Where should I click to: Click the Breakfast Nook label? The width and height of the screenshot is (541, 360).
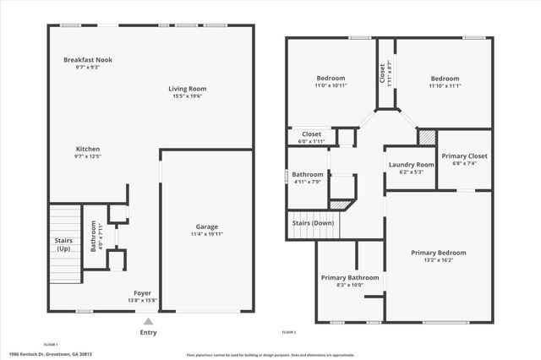point(88,60)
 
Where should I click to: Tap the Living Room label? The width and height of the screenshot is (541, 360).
point(187,89)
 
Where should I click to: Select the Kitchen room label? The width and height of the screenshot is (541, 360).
point(88,149)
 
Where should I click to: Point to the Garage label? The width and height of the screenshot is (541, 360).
point(207,226)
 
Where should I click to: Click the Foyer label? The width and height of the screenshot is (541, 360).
point(142,292)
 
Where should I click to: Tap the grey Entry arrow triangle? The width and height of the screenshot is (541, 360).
point(148,321)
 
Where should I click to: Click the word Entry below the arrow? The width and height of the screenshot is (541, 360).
point(148,332)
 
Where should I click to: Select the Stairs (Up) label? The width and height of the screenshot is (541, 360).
point(63,245)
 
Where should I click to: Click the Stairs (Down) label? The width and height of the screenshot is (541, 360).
point(313,223)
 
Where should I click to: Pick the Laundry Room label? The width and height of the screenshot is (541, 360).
point(410,164)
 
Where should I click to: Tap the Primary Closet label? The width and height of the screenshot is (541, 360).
point(464,155)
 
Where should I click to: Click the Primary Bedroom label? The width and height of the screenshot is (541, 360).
point(438,253)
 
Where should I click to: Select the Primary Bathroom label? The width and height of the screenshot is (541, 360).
point(350,277)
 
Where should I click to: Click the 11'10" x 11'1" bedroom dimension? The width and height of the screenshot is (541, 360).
point(444,85)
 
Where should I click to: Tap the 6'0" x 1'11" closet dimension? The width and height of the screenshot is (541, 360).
point(312,140)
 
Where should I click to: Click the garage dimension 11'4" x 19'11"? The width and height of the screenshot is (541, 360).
point(207,233)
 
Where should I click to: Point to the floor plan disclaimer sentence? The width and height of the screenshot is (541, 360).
point(279,355)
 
